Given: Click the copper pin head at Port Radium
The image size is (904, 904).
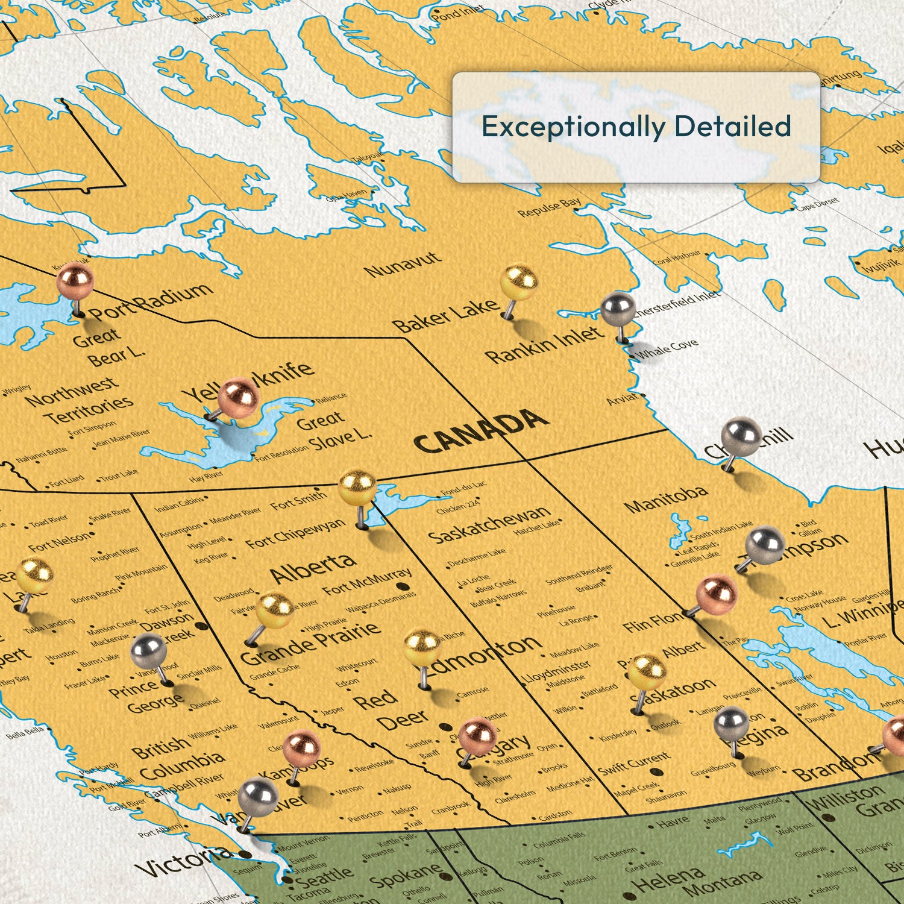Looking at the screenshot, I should pos(75,281).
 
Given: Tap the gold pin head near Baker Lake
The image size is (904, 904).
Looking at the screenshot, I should pos(519,283).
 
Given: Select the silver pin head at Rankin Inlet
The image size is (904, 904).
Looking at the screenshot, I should pos(618,309).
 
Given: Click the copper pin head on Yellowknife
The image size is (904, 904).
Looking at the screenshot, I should pos(239,398).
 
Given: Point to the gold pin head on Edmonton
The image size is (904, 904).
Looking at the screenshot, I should pos(422,648).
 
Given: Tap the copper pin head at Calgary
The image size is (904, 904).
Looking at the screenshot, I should pos(478,736).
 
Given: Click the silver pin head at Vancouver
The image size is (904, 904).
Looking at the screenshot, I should pos(258,797).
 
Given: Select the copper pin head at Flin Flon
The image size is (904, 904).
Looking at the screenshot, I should pos(717,593).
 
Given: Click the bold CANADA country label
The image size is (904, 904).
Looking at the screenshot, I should pos(481,432).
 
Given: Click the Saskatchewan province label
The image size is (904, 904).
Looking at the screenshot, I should pos(489,524).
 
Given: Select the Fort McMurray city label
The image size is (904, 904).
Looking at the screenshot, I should pos(368,581).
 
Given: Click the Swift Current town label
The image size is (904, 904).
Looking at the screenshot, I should pos(633,763).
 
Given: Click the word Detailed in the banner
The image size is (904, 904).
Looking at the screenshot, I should pos(732,127).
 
